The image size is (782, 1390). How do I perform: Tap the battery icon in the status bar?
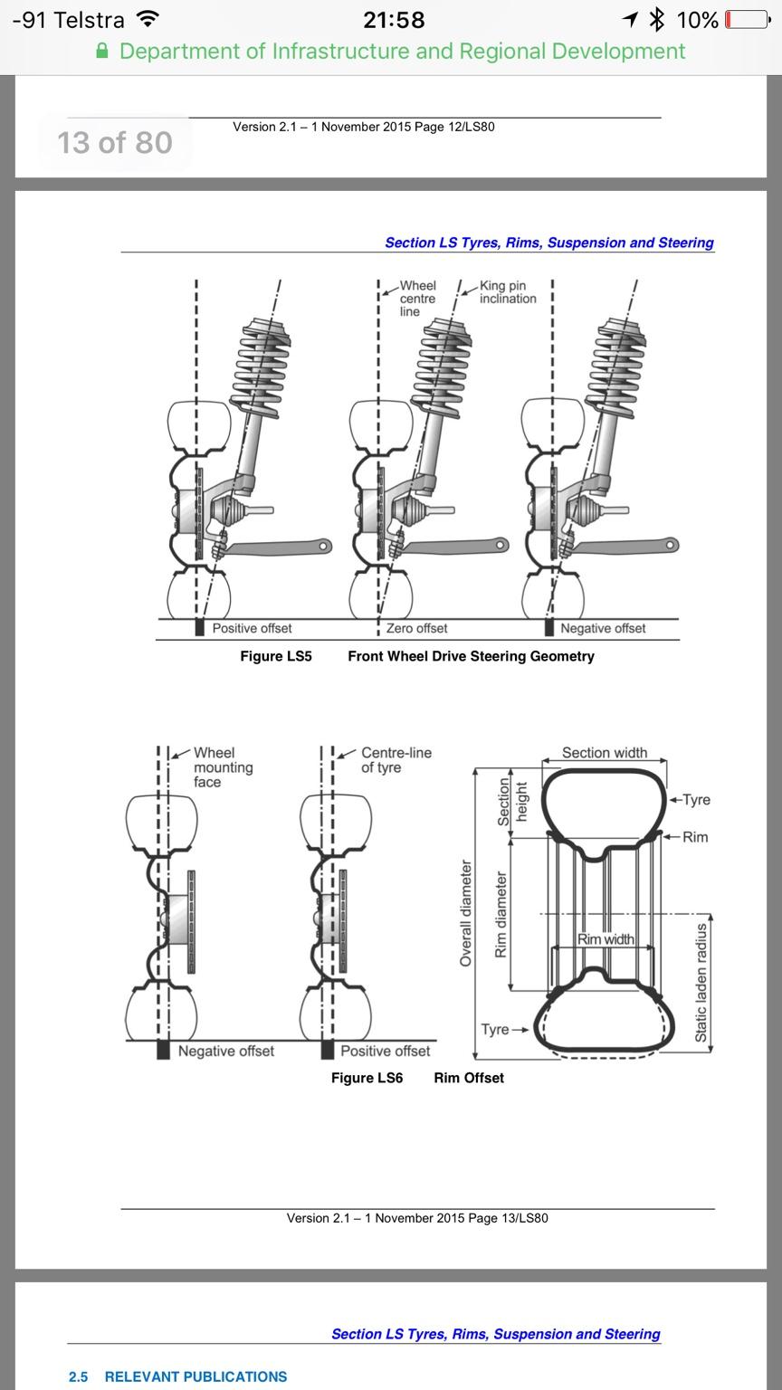tap(748, 20)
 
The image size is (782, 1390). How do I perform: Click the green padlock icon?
tap(102, 51)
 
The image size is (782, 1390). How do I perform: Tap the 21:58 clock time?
tap(394, 20)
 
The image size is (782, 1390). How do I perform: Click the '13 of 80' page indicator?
tap(115, 143)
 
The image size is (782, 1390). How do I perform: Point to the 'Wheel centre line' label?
tap(417, 299)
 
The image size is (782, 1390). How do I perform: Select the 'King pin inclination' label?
tap(508, 292)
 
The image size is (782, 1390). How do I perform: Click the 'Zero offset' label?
tap(416, 629)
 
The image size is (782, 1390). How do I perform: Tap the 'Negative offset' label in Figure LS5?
tap(603, 629)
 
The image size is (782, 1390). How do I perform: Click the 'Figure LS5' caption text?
tap(276, 656)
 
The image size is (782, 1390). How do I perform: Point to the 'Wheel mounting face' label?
tap(224, 767)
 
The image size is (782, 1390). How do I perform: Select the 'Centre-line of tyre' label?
tap(396, 760)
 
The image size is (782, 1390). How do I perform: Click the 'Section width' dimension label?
tap(605, 753)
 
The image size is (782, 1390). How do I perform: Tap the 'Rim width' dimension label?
tap(606, 939)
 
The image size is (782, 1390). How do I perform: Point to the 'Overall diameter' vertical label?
tap(465, 913)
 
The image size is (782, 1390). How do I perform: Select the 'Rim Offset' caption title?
tap(469, 1078)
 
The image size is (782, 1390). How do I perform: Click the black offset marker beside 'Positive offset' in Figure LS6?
tap(328, 1051)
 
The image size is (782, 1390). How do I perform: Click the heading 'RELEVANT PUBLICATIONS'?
tap(195, 1377)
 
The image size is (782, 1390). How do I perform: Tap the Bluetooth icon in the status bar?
tap(656, 20)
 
